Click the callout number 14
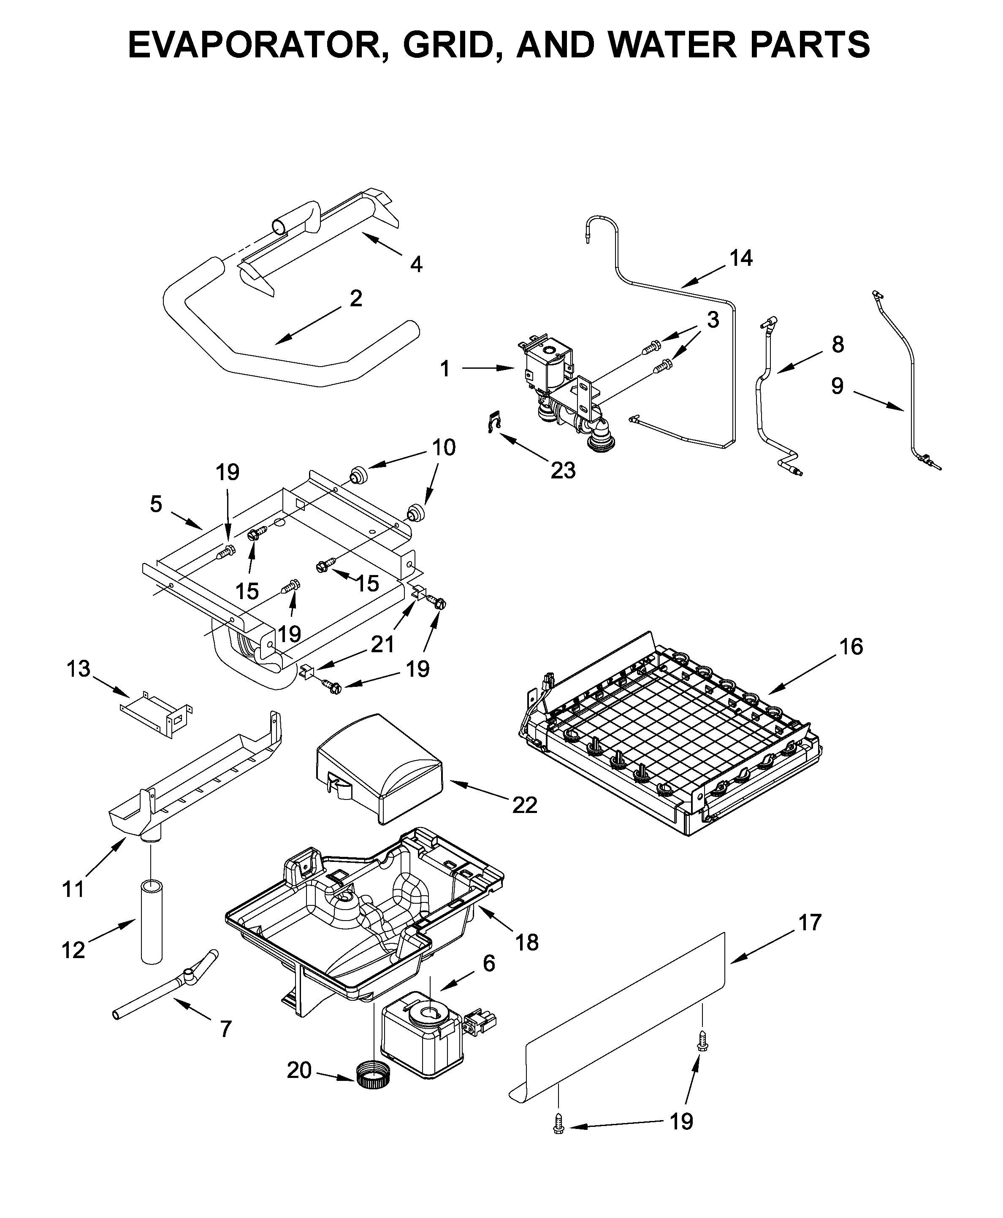(x=741, y=258)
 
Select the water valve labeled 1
(x=549, y=370)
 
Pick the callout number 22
(x=525, y=805)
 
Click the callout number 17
(x=810, y=922)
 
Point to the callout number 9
(x=837, y=386)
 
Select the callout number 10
(x=444, y=448)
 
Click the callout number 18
(x=527, y=943)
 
